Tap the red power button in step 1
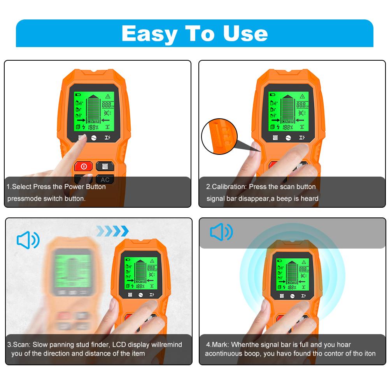coord(83,166)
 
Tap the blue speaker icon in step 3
coord(28,240)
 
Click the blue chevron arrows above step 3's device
coord(112,231)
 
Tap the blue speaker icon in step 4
coord(221,232)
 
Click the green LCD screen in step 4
coord(293,276)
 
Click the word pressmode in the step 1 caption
coord(24,198)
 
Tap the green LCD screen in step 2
coord(289,111)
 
